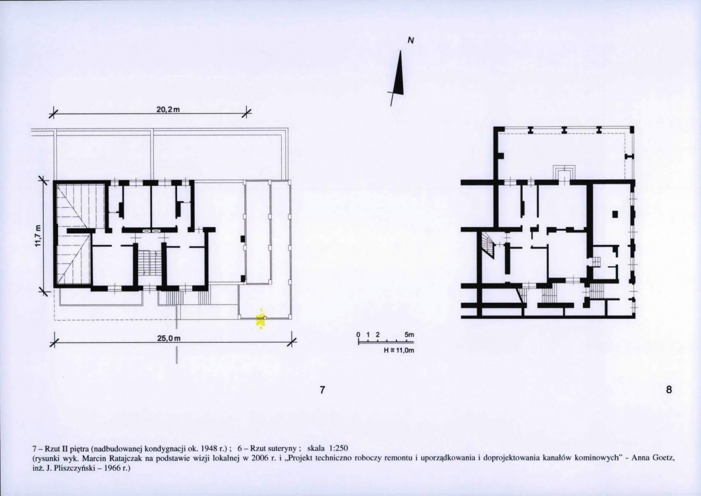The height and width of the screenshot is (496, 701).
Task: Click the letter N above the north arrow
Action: pos(411,40)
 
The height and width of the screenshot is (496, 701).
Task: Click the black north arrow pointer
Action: pos(400,74)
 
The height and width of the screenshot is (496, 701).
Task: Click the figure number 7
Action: pos(322,391)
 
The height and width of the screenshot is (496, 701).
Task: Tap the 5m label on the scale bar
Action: pos(409,335)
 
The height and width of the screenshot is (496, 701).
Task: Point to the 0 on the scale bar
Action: pos(358,335)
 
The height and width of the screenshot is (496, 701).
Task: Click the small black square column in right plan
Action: pos(614,214)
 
